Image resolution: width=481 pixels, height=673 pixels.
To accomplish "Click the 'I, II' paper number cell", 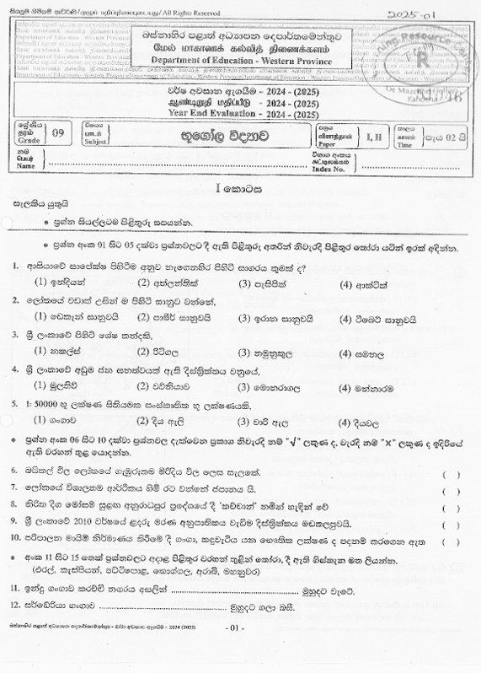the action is [x=371, y=132].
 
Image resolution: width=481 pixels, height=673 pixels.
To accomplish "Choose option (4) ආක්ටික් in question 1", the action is [x=362, y=283].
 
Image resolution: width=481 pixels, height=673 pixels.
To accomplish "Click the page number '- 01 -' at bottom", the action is [x=235, y=653].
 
